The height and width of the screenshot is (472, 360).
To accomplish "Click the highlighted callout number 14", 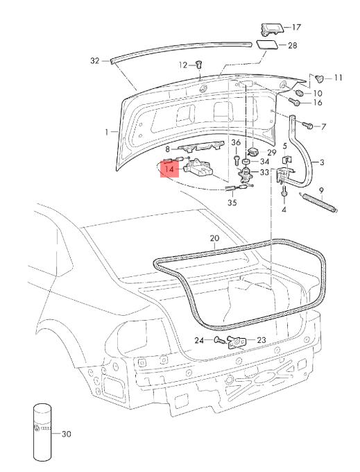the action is pyautogui.click(x=170, y=169).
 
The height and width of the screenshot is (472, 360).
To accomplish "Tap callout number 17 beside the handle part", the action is pyautogui.click(x=296, y=27).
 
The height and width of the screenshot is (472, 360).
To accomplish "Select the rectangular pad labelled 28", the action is pyautogui.click(x=266, y=44).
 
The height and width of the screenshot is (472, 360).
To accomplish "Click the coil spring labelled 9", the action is pyautogui.click(x=318, y=203).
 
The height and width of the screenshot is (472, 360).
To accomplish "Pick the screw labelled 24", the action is pyautogui.click(x=219, y=340).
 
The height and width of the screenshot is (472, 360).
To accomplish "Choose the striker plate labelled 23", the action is pyautogui.click(x=237, y=342).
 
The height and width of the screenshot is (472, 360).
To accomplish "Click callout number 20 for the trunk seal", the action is pyautogui.click(x=214, y=238).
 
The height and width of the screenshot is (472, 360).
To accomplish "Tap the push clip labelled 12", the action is pyautogui.click(x=199, y=64).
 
